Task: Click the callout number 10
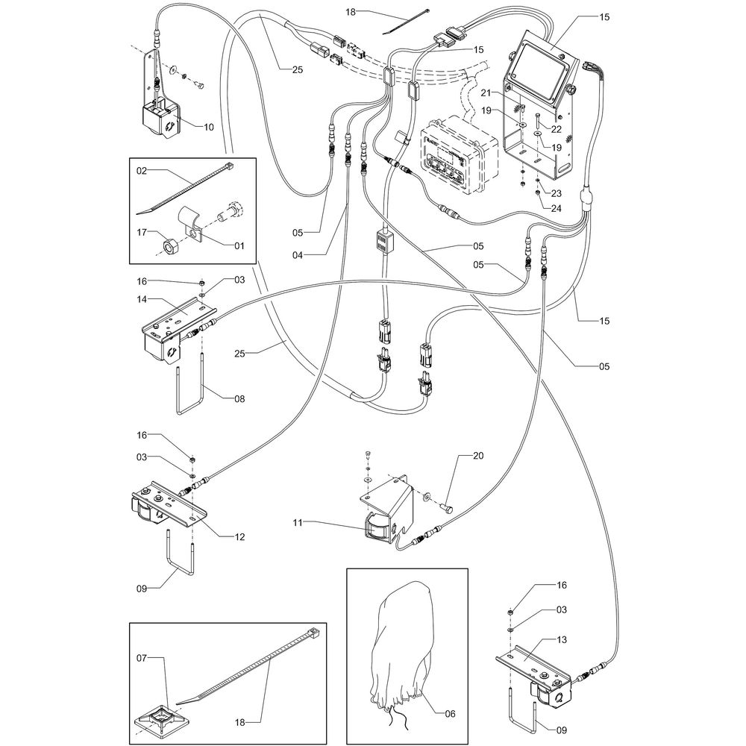[x=209, y=127]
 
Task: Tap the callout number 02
[x=142, y=170]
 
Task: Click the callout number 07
[x=142, y=658]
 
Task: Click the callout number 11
[x=298, y=522]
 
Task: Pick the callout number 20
[x=478, y=456]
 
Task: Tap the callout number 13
[x=562, y=639]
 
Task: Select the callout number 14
[x=142, y=299]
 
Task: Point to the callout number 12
[x=239, y=536]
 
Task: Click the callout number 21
[x=485, y=93]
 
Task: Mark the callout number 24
[x=556, y=208]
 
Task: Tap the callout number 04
[x=298, y=255]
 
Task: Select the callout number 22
[x=557, y=129]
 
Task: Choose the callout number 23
[x=556, y=193]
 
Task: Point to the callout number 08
[x=239, y=398]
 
